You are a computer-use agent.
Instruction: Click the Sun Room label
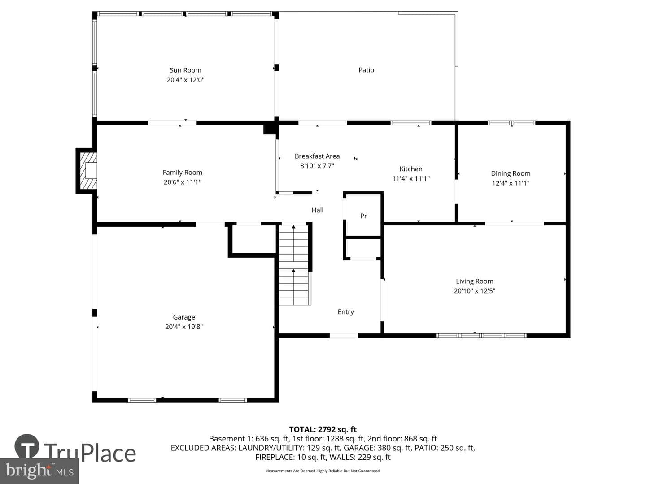tap(185, 70)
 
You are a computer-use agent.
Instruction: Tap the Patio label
tap(366, 70)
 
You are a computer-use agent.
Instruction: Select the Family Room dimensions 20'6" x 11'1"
tap(183, 182)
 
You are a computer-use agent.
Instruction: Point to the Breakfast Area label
tap(317, 156)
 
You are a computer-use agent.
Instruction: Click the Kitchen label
tap(411, 169)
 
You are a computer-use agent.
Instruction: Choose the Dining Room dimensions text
tap(511, 183)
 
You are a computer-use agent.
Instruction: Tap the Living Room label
tap(475, 281)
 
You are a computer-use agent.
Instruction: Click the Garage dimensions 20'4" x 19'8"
tap(184, 327)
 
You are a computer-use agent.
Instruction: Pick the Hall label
tap(317, 210)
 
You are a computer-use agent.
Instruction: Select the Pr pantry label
tap(363, 216)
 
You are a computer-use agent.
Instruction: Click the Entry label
tap(345, 312)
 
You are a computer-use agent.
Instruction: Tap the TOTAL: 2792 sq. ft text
tap(323, 430)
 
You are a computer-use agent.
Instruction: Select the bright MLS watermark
tap(39, 471)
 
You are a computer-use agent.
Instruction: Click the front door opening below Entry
tap(344, 336)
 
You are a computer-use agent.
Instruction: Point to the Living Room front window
tap(481, 336)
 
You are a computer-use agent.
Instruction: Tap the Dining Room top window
tap(511, 123)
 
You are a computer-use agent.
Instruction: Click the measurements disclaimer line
tap(323, 471)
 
